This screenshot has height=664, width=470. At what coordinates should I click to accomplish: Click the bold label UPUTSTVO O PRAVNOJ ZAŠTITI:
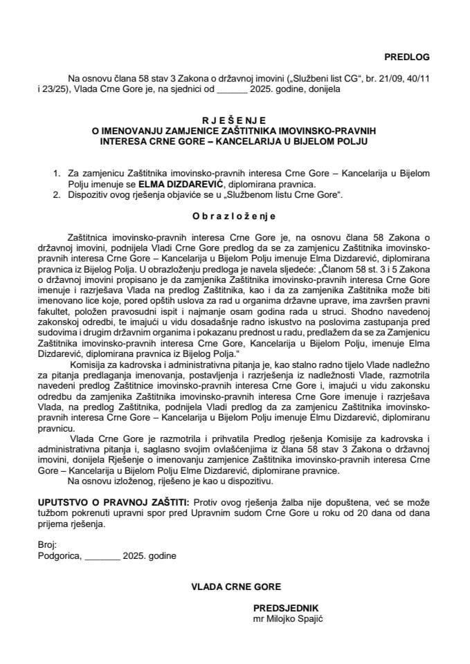tap(111, 499)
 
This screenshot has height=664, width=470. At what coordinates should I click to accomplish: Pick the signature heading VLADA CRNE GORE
tap(237, 587)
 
